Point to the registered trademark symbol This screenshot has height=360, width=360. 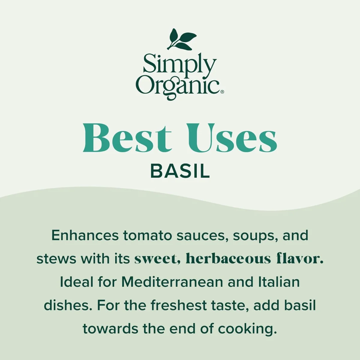[222, 92]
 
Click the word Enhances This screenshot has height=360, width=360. [85, 235]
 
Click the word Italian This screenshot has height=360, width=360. [279, 282]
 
